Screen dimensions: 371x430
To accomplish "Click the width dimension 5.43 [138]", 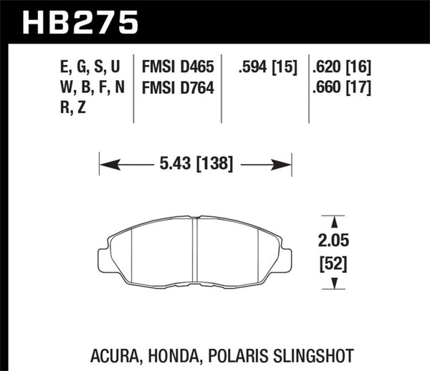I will pos(195,164).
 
